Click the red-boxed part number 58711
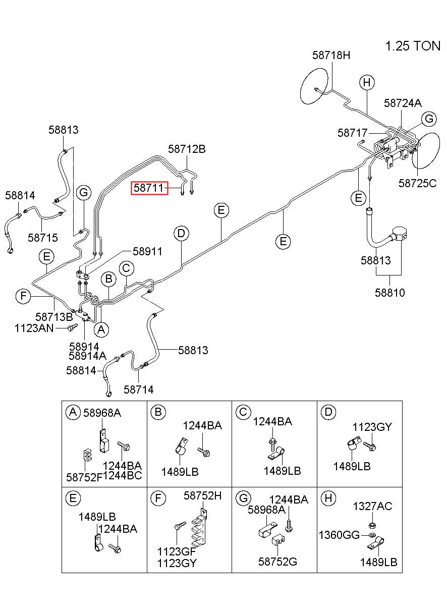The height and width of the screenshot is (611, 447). click(149, 188)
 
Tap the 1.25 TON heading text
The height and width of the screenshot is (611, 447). click(413, 46)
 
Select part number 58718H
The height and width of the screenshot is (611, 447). click(331, 55)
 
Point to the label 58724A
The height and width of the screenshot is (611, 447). click(403, 103)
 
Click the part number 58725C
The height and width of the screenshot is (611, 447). click(417, 183)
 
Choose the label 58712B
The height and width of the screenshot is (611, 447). click(187, 149)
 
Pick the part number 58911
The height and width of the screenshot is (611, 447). click(147, 251)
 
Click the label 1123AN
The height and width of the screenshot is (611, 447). click(34, 328)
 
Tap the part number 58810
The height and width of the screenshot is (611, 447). click(389, 293)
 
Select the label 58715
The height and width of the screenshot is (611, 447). click(43, 238)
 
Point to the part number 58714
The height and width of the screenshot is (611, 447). click(139, 390)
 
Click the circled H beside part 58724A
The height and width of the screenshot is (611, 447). click(367, 82)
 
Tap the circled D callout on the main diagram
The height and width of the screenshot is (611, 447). click(181, 234)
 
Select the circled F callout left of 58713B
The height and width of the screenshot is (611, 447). click(23, 296)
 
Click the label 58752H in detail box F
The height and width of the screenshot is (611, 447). click(203, 495)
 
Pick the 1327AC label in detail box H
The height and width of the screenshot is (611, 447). click(372, 506)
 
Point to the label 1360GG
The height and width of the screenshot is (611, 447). click(339, 535)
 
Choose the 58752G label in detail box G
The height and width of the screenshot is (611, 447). click(277, 562)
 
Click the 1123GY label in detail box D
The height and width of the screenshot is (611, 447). click(372, 427)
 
